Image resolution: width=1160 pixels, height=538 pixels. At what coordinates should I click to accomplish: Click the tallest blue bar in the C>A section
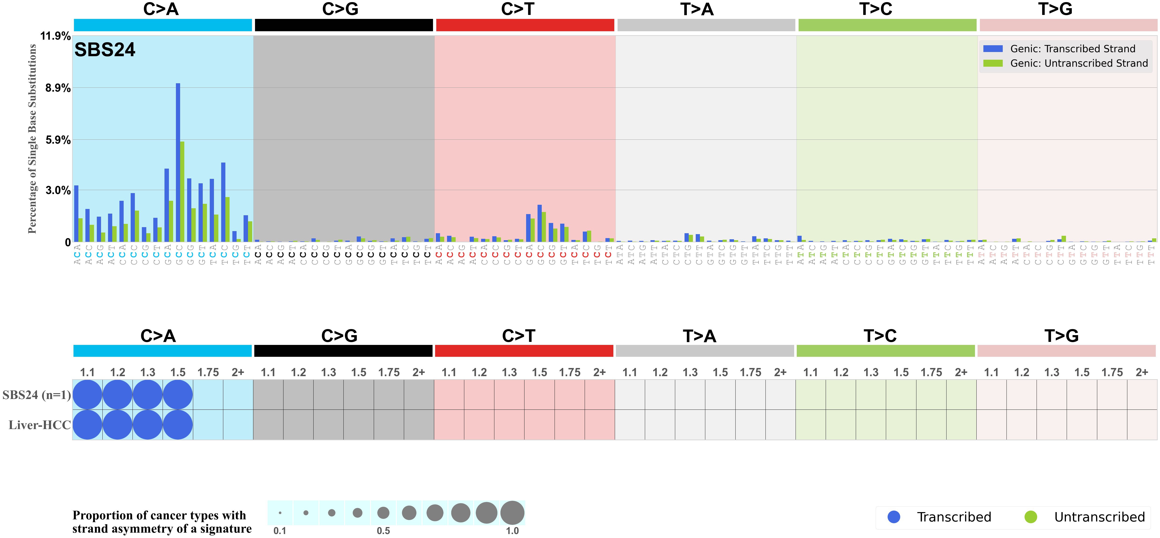coord(178,162)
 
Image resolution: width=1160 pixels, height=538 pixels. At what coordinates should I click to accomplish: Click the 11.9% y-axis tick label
coord(55,36)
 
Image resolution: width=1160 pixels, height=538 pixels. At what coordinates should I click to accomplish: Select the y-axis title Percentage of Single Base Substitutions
coord(32,139)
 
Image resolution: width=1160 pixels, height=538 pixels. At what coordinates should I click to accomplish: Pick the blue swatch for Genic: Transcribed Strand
coord(993,49)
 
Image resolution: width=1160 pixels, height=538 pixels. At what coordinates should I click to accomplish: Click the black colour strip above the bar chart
coord(344,25)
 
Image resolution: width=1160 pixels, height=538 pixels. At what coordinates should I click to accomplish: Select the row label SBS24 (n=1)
coord(36,395)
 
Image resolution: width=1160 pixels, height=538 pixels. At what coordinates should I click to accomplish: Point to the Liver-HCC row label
coord(40,425)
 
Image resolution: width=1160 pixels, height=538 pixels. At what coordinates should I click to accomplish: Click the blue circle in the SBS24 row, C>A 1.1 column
coord(87,394)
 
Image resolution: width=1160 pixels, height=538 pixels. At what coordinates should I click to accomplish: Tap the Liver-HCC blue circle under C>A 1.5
coord(178,425)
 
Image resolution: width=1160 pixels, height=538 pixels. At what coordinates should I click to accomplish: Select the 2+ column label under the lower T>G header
coord(1142,372)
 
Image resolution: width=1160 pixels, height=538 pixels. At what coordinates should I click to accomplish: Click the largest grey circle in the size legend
coord(512,513)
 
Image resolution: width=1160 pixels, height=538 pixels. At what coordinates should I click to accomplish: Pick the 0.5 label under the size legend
coord(383,531)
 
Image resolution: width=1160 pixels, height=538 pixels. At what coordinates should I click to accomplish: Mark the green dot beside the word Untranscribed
coord(1031,517)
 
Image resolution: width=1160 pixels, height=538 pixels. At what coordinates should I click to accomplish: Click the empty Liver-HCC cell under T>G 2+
coord(1142,425)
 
